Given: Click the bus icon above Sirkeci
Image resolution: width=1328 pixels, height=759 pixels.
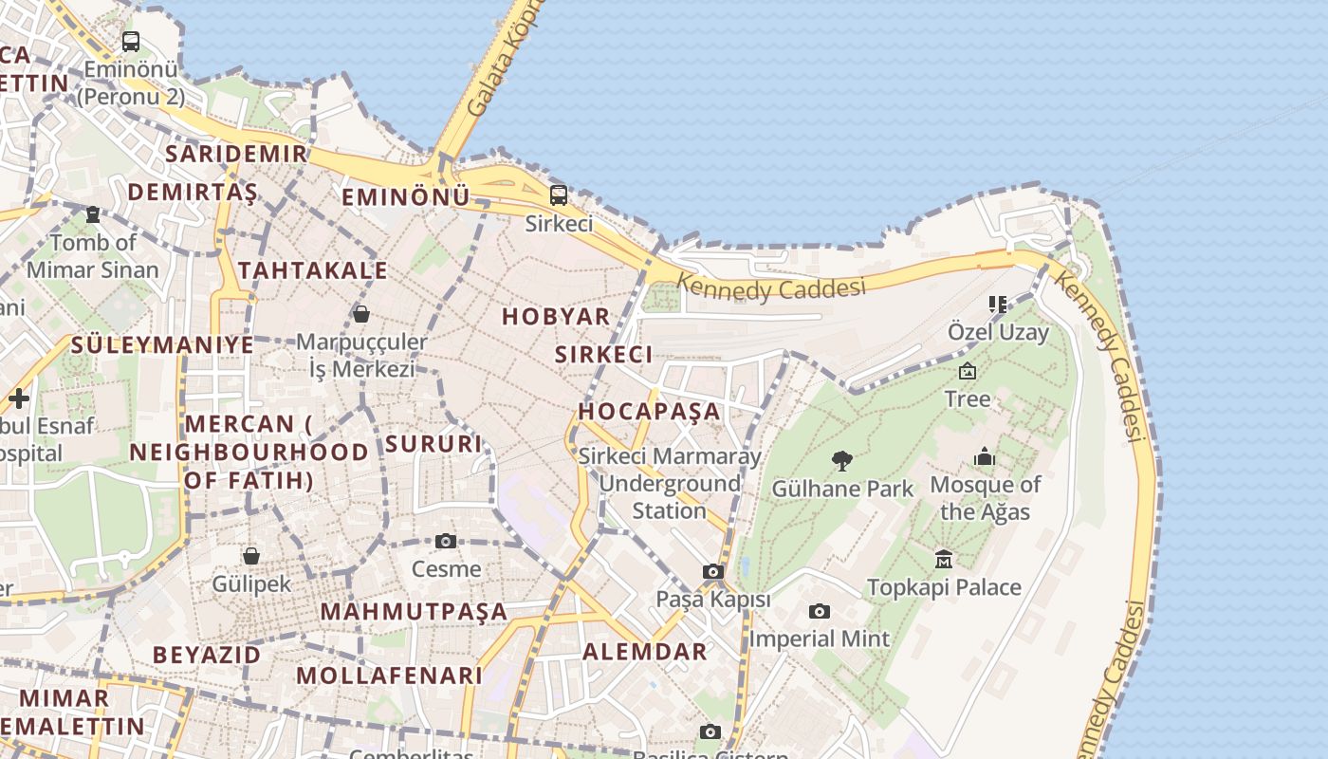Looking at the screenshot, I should pos(559,195).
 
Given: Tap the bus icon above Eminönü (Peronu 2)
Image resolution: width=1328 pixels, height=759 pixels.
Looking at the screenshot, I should pos(131,42).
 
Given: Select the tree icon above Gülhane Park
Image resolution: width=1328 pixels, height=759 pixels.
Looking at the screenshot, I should pos(841,461).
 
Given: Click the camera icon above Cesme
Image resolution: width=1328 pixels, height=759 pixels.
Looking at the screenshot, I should pos(446,542).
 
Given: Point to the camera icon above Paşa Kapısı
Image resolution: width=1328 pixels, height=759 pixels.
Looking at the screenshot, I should pos(713,571).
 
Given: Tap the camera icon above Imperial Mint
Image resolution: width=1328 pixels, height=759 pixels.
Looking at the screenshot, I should pos(820,611).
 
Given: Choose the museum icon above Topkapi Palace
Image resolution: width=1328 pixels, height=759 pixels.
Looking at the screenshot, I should pos(944,559).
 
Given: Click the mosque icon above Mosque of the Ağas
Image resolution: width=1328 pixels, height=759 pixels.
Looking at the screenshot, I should pos(985,457).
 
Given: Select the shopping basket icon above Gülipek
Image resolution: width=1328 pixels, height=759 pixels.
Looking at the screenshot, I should pos(251,555).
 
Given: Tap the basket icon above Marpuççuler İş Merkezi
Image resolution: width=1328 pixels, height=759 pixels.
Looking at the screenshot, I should pos(361,314).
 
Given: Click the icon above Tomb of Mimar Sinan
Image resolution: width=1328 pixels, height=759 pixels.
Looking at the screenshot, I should pos(93,214).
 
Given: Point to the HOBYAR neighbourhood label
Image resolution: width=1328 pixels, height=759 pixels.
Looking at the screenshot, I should pos(556,317).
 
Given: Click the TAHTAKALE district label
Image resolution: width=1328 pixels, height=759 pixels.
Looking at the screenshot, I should pos(313,270).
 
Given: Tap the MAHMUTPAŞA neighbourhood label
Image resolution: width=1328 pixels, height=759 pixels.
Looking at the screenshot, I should pos(414,611).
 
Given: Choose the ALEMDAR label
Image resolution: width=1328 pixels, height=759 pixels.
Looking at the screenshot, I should pos(645,652).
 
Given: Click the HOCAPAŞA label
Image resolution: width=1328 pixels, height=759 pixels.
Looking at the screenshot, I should pos(650,412).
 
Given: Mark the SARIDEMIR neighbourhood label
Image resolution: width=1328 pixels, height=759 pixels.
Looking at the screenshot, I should pos(236,154).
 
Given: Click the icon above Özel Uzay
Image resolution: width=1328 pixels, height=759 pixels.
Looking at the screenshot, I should pos(997,305).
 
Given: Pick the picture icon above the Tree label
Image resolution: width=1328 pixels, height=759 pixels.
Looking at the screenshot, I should pos(968,371).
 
